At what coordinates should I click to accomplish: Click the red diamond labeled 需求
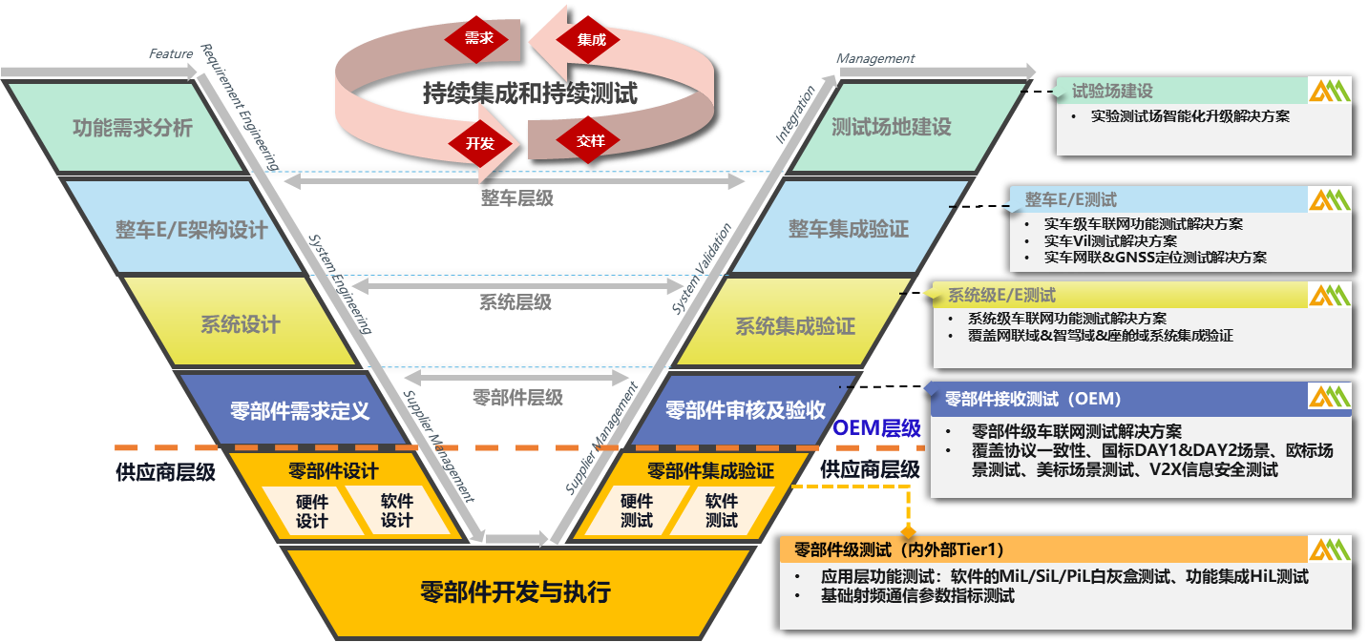(477, 38)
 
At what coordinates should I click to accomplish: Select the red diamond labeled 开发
(479, 143)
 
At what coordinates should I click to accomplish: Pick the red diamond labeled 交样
(589, 140)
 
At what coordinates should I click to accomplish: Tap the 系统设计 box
(241, 323)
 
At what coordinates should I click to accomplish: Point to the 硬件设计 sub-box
(311, 511)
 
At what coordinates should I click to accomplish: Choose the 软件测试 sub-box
(721, 510)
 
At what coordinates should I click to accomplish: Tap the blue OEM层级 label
(876, 428)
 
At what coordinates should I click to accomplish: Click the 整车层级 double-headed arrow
(515, 180)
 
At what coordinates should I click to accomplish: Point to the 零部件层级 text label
(517, 398)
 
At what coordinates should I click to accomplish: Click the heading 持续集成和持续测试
(530, 93)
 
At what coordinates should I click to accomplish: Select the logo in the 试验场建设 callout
(1329, 91)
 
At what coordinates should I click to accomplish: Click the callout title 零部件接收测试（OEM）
(1033, 399)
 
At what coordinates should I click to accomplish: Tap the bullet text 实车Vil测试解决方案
(1110, 241)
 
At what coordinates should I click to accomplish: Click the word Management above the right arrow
(875, 58)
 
